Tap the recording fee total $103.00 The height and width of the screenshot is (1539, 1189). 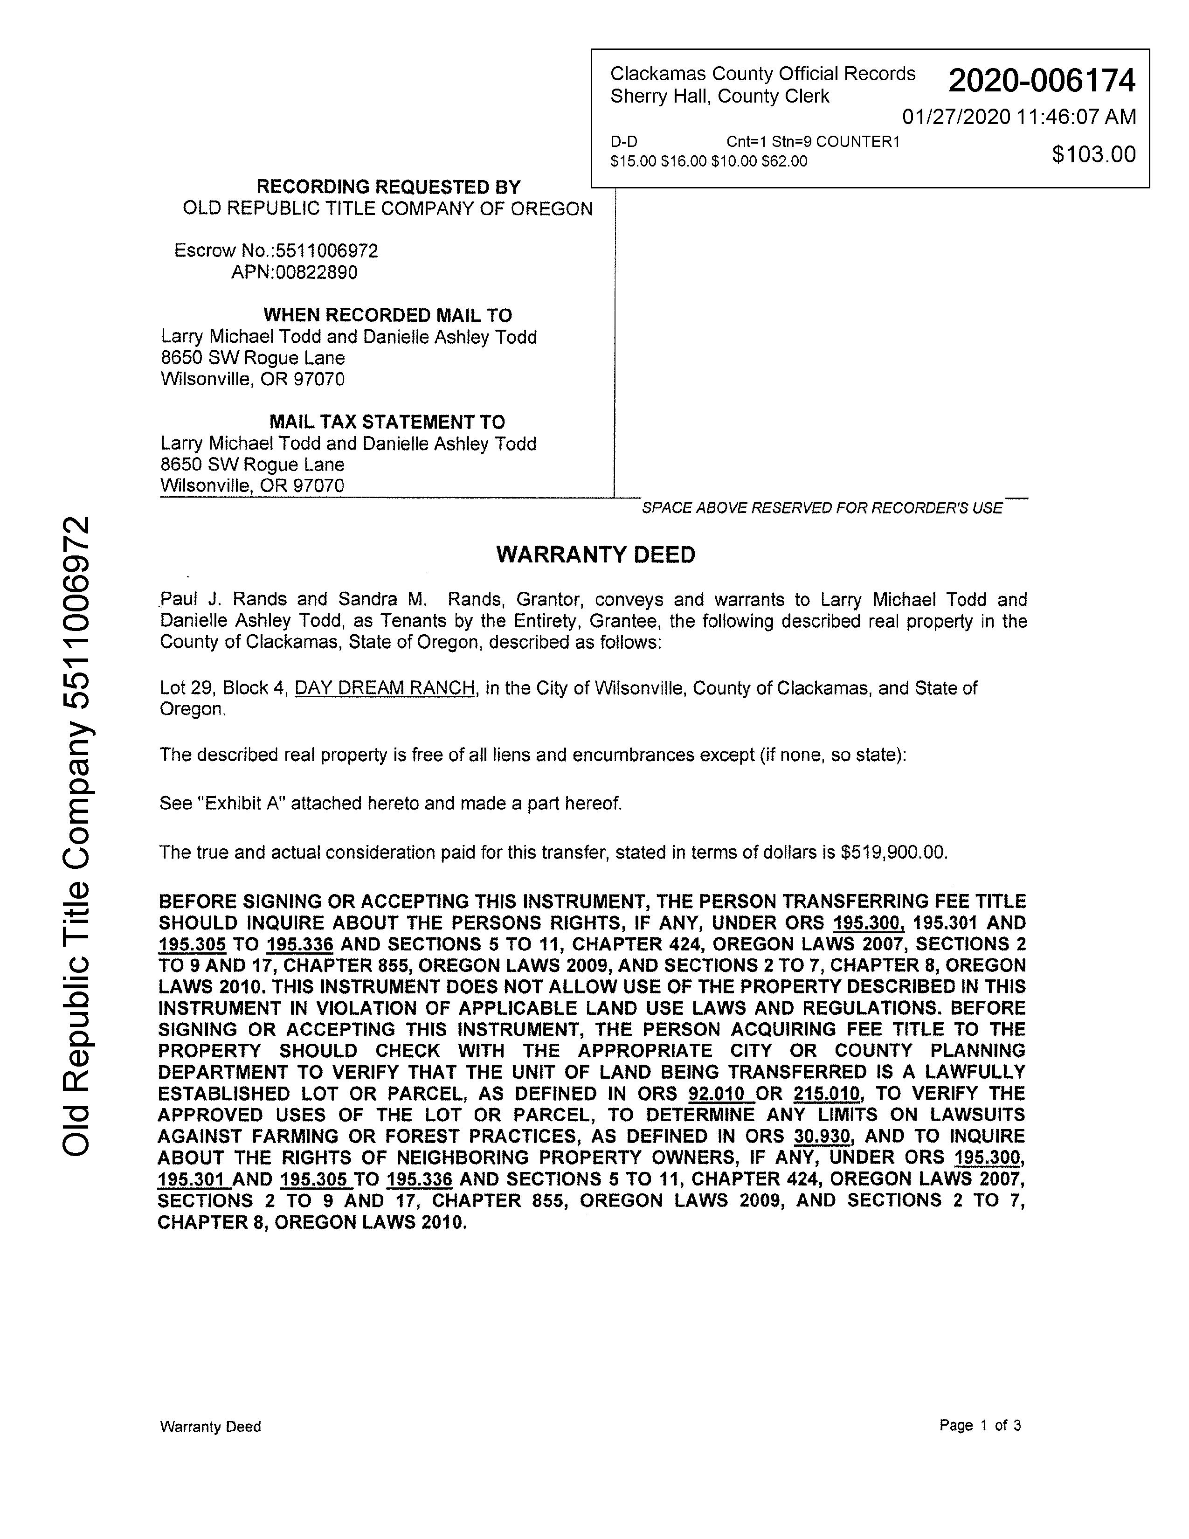[x=1093, y=154]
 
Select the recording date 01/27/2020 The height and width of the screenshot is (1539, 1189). [x=956, y=117]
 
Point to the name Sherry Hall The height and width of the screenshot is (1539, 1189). [x=661, y=97]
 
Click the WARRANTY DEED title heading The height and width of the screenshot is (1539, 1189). [x=595, y=555]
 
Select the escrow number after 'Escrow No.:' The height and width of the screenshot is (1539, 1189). [x=327, y=251]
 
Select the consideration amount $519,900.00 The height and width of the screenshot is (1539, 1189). [x=893, y=853]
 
